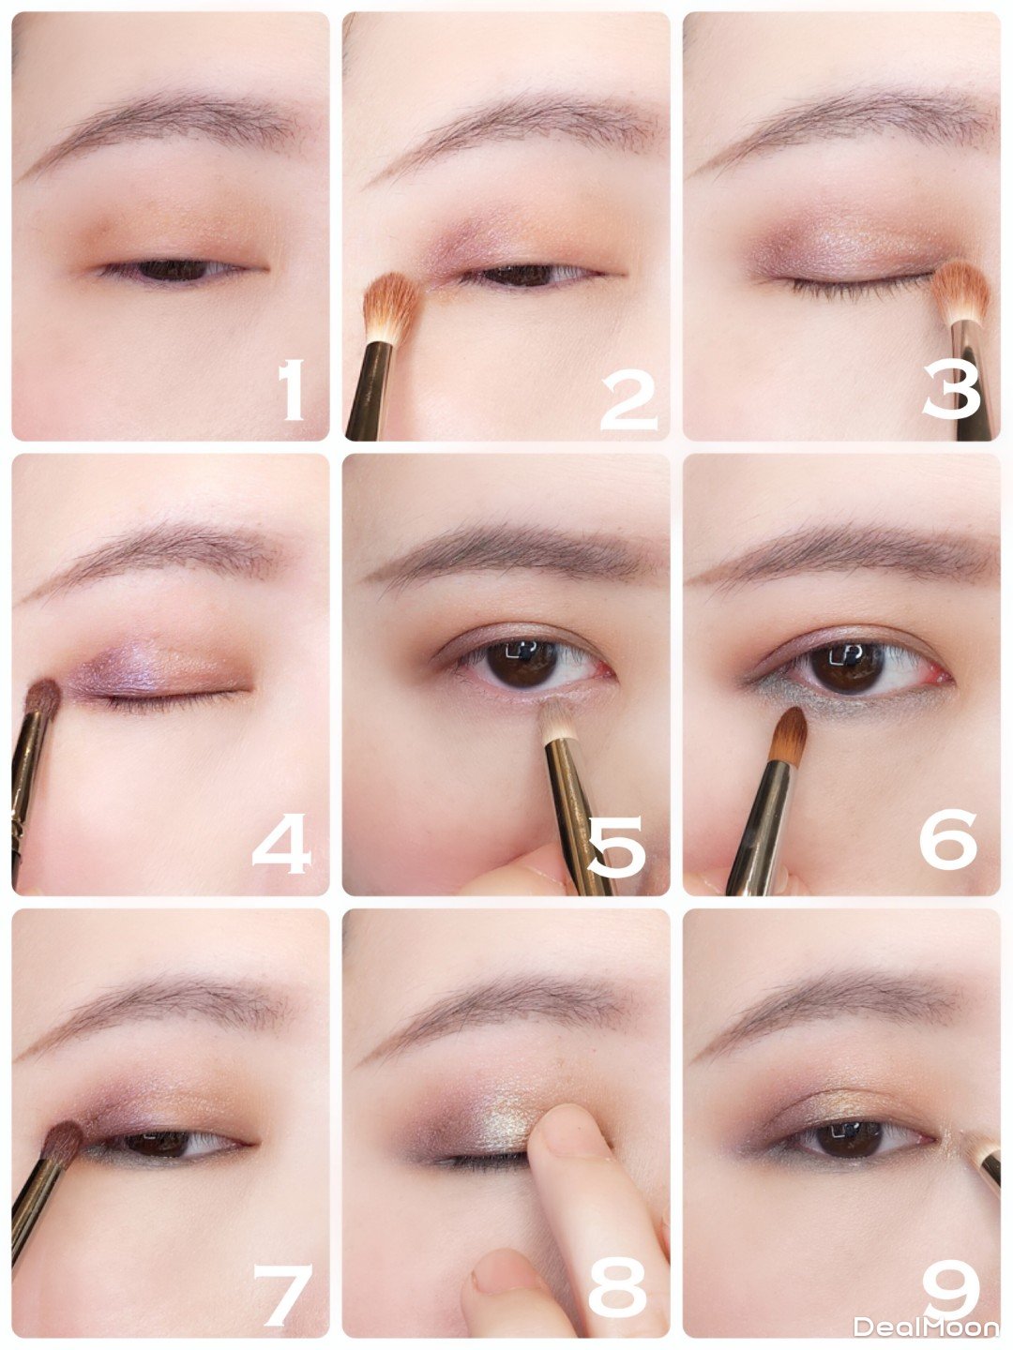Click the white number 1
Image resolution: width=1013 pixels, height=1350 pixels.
coord(292,390)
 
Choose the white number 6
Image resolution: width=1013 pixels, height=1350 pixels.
coord(948,838)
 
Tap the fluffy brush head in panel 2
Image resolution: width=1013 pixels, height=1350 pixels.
coord(392,306)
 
